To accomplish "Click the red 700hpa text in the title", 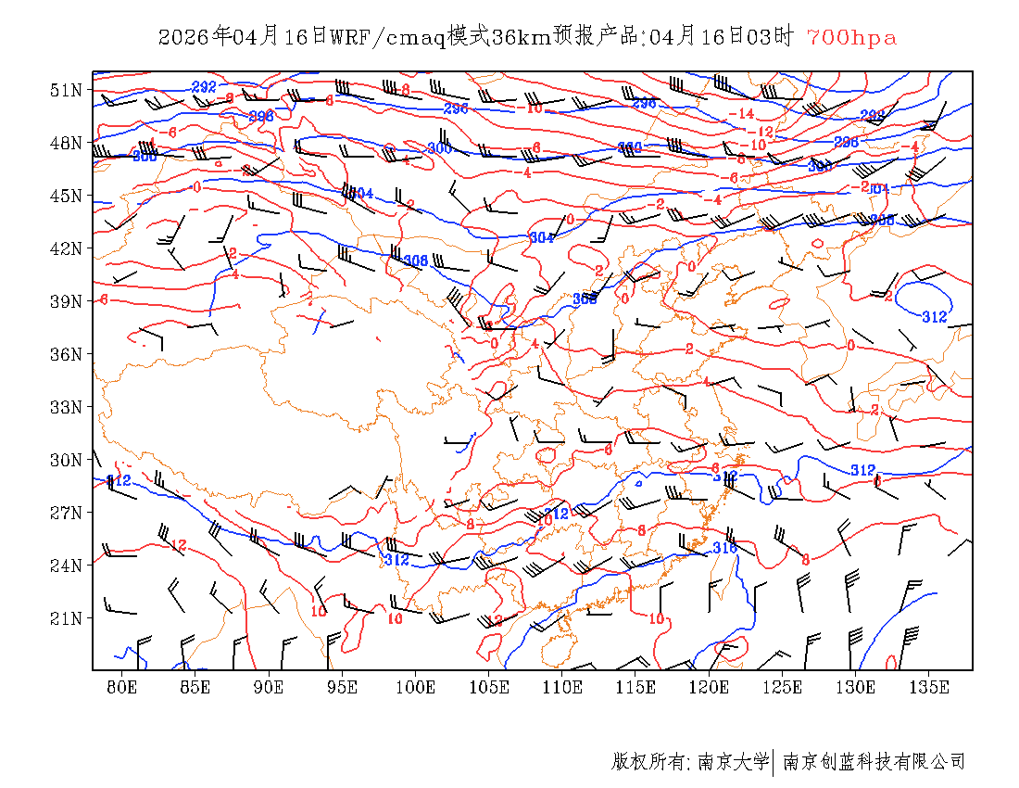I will (x=851, y=37).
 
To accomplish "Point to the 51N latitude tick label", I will (x=67, y=90).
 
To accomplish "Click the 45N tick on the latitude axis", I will (x=67, y=196).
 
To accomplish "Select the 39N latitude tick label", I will (x=67, y=301).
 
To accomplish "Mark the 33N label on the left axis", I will (x=67, y=407).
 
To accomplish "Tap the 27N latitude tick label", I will (x=67, y=513).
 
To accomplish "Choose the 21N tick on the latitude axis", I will (x=67, y=618).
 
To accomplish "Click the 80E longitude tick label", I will (x=122, y=687).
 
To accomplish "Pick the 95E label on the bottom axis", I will (x=343, y=687).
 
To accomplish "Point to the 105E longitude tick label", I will (x=489, y=687).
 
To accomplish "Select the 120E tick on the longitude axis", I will (x=710, y=687).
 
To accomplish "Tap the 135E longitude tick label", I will (x=929, y=687).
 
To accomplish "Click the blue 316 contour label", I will (x=724, y=548).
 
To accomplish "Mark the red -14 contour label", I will (x=741, y=114).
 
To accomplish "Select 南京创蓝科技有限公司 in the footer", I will (x=874, y=762).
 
